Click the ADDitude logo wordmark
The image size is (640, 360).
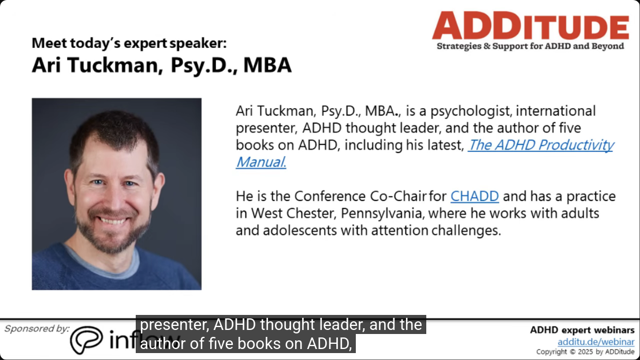tap(530, 25)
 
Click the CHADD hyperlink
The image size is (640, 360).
tap(474, 196)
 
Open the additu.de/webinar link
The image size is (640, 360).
tap(596, 342)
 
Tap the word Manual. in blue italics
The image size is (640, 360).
tap(261, 162)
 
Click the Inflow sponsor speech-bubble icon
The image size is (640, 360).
tap(86, 340)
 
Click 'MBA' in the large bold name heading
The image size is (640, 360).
tap(267, 65)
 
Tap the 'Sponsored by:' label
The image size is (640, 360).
tap(37, 329)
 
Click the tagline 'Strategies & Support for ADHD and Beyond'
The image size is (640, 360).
tap(530, 46)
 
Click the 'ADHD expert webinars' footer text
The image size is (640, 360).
tap(582, 330)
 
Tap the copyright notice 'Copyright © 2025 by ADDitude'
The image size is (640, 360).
tap(585, 352)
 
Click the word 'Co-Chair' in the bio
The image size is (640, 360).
tap(399, 196)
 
